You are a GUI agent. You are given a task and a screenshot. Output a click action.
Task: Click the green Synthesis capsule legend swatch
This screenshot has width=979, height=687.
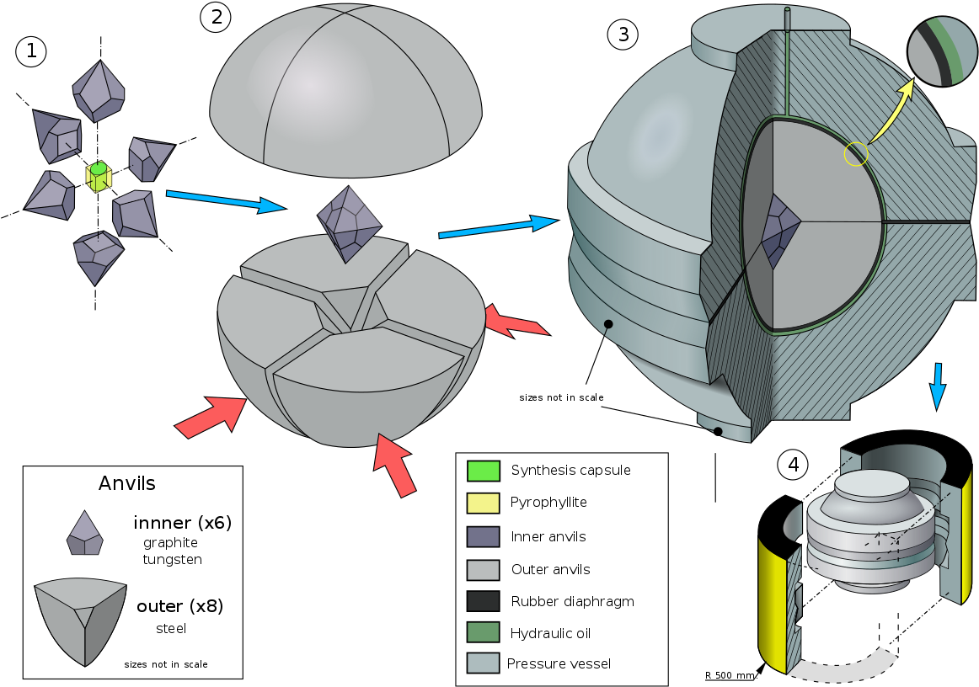(x=484, y=471)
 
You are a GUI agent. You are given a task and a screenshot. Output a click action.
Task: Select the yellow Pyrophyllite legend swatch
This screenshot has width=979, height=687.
(x=484, y=503)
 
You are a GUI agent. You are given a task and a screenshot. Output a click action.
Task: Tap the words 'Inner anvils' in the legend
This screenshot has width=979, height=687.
(x=548, y=536)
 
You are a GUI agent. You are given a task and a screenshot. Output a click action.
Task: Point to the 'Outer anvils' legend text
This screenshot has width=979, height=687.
(x=550, y=569)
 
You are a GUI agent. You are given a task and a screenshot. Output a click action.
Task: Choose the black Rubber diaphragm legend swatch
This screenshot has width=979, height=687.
(x=484, y=601)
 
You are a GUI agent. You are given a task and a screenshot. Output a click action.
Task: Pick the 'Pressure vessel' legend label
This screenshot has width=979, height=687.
(x=559, y=663)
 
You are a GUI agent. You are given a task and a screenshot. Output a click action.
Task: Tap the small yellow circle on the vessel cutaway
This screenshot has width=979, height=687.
(x=856, y=154)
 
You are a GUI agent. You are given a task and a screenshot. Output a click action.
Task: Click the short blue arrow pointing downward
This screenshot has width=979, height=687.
(x=937, y=386)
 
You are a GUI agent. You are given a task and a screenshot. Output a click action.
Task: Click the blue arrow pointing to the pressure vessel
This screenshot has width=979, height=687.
(x=497, y=226)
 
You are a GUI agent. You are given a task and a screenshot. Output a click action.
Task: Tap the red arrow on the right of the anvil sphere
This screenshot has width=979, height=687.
(x=516, y=322)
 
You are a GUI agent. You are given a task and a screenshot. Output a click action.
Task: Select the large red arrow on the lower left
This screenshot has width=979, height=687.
(x=210, y=415)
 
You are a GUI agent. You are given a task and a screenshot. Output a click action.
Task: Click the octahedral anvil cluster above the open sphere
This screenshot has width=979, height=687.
(x=349, y=221)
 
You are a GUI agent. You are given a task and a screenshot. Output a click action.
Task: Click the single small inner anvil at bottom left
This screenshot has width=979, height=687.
(x=84, y=534)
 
